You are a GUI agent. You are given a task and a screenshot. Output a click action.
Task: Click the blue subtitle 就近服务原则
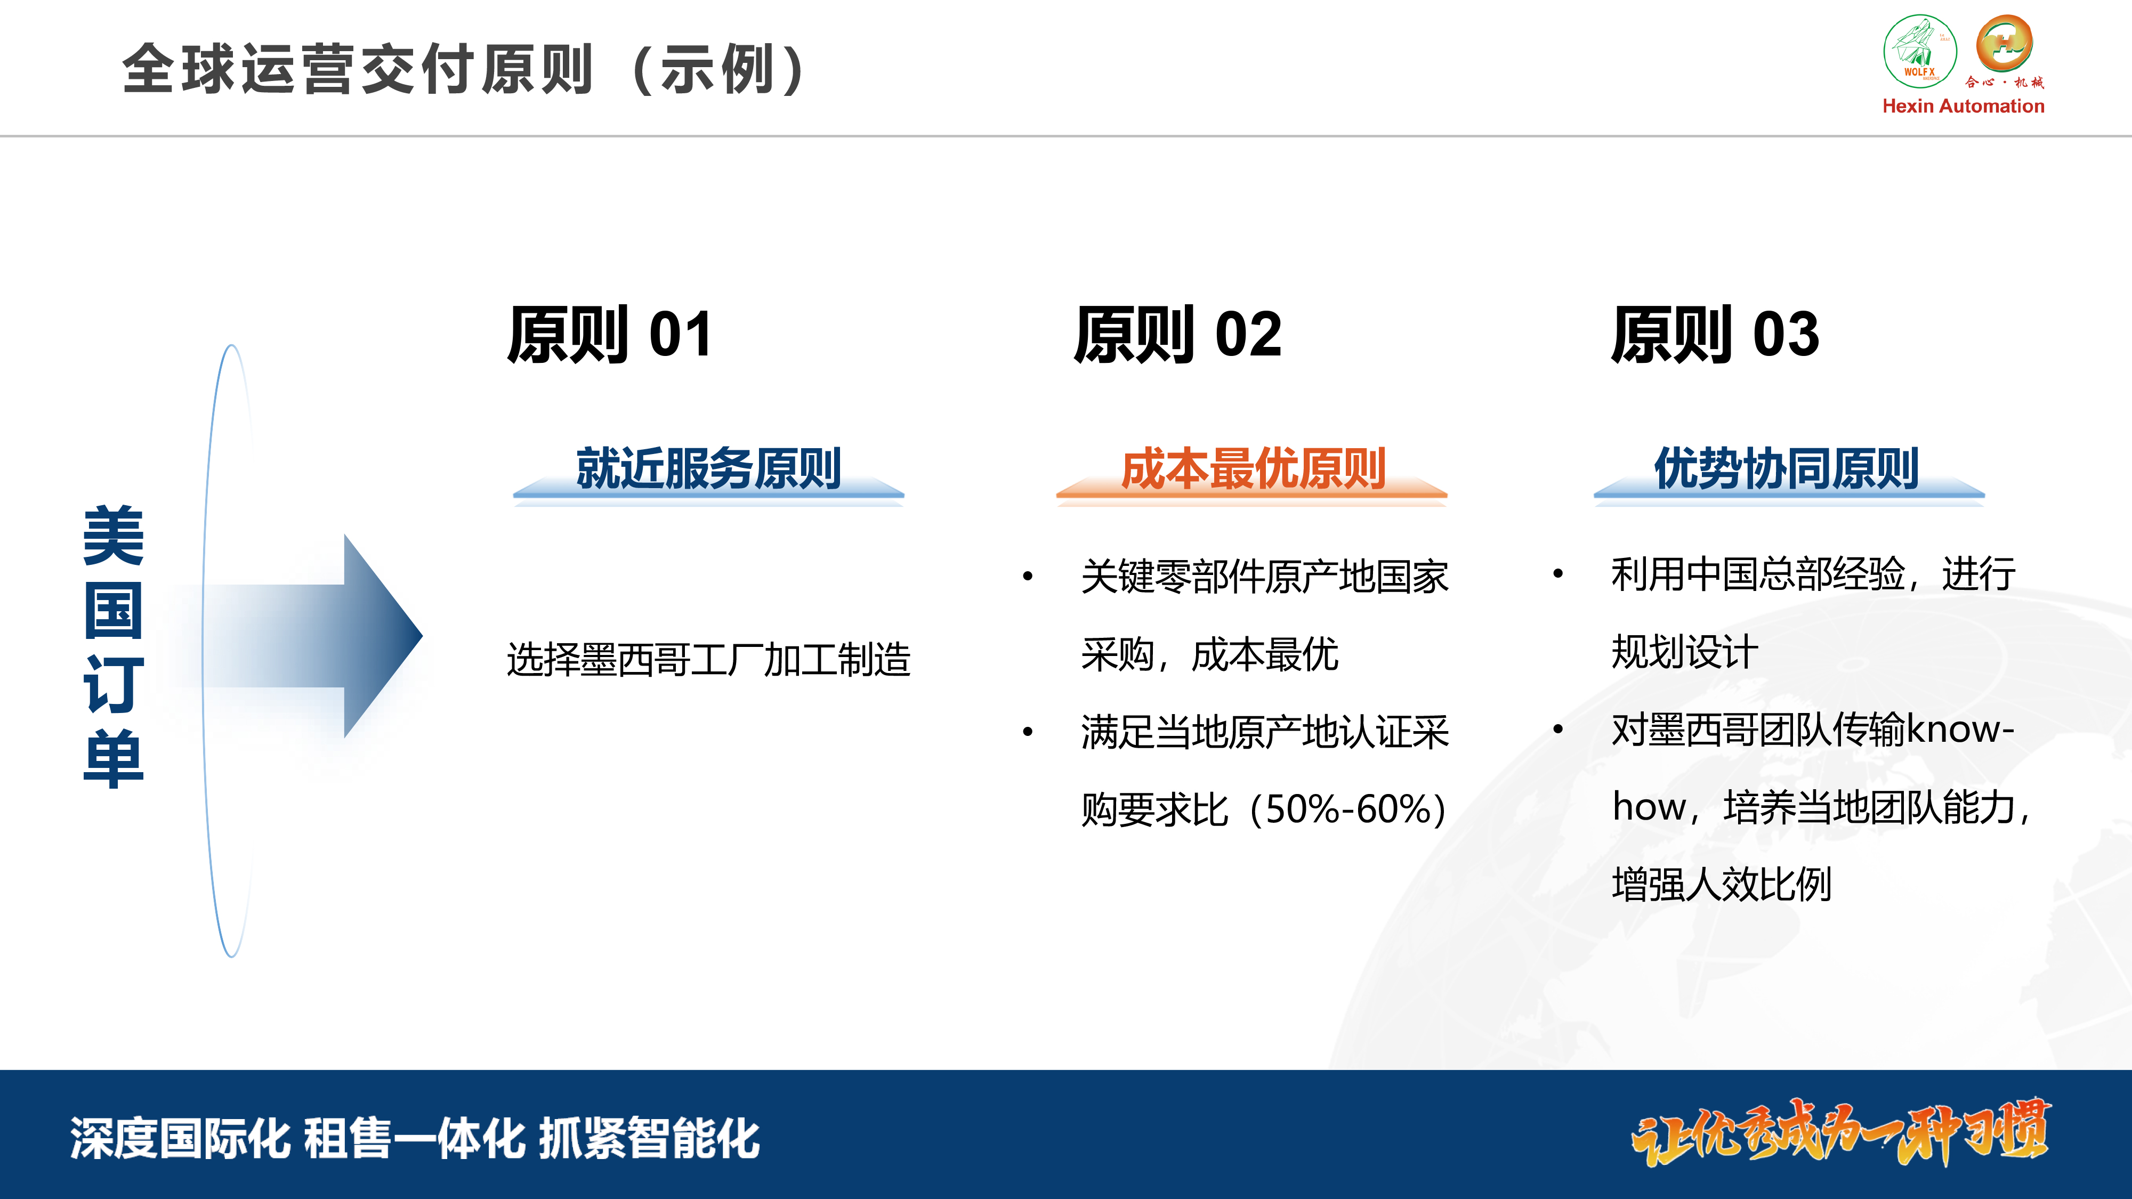pos(708,468)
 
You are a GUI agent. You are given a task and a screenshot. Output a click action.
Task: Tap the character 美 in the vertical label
pos(114,536)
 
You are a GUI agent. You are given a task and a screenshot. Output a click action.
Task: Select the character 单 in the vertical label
pos(114,758)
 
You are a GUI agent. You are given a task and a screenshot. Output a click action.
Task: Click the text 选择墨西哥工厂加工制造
pos(708,660)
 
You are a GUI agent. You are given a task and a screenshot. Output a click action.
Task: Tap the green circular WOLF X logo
pos(1920,51)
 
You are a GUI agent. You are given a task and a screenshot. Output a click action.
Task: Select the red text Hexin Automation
pos(1963,106)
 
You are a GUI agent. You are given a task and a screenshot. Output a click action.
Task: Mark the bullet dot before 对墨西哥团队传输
pos(1557,729)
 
